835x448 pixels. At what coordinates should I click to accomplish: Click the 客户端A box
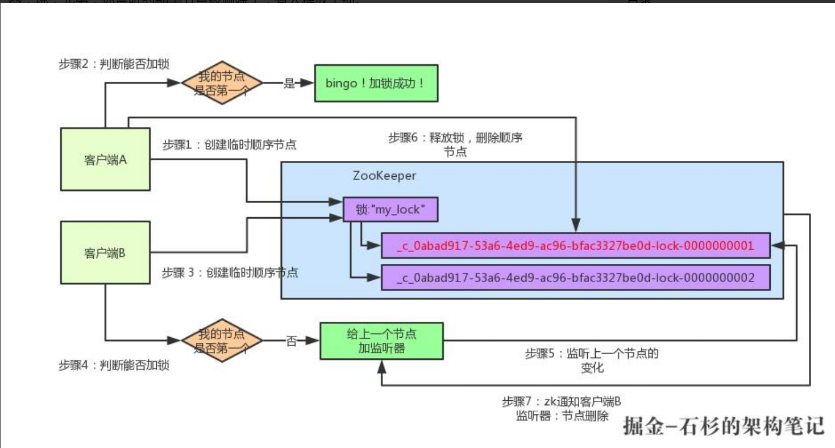(x=105, y=159)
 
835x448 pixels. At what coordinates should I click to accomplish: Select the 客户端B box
(x=105, y=252)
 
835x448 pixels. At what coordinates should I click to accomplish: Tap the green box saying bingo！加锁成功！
(x=376, y=83)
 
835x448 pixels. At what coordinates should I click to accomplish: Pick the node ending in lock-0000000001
(x=575, y=246)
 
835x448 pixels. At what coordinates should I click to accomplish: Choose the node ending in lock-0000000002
(x=575, y=278)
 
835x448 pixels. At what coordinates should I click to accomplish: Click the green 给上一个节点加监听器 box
(x=381, y=341)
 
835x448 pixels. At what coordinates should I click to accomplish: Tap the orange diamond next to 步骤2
(x=222, y=83)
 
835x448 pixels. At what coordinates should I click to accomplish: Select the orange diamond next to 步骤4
(x=222, y=341)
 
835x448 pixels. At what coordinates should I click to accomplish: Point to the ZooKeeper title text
(x=384, y=176)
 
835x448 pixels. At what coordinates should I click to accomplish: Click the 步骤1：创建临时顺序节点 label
(x=229, y=145)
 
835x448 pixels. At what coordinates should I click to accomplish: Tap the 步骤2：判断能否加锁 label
(x=114, y=64)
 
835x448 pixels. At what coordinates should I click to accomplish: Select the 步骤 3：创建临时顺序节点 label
(x=230, y=272)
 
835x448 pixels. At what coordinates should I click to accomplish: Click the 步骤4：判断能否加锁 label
(x=114, y=365)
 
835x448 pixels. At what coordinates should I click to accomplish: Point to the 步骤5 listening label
(x=591, y=360)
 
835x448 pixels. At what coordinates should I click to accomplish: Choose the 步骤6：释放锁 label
(x=455, y=144)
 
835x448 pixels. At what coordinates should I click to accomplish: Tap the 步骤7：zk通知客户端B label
(x=561, y=408)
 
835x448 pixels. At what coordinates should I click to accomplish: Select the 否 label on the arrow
(x=291, y=341)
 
